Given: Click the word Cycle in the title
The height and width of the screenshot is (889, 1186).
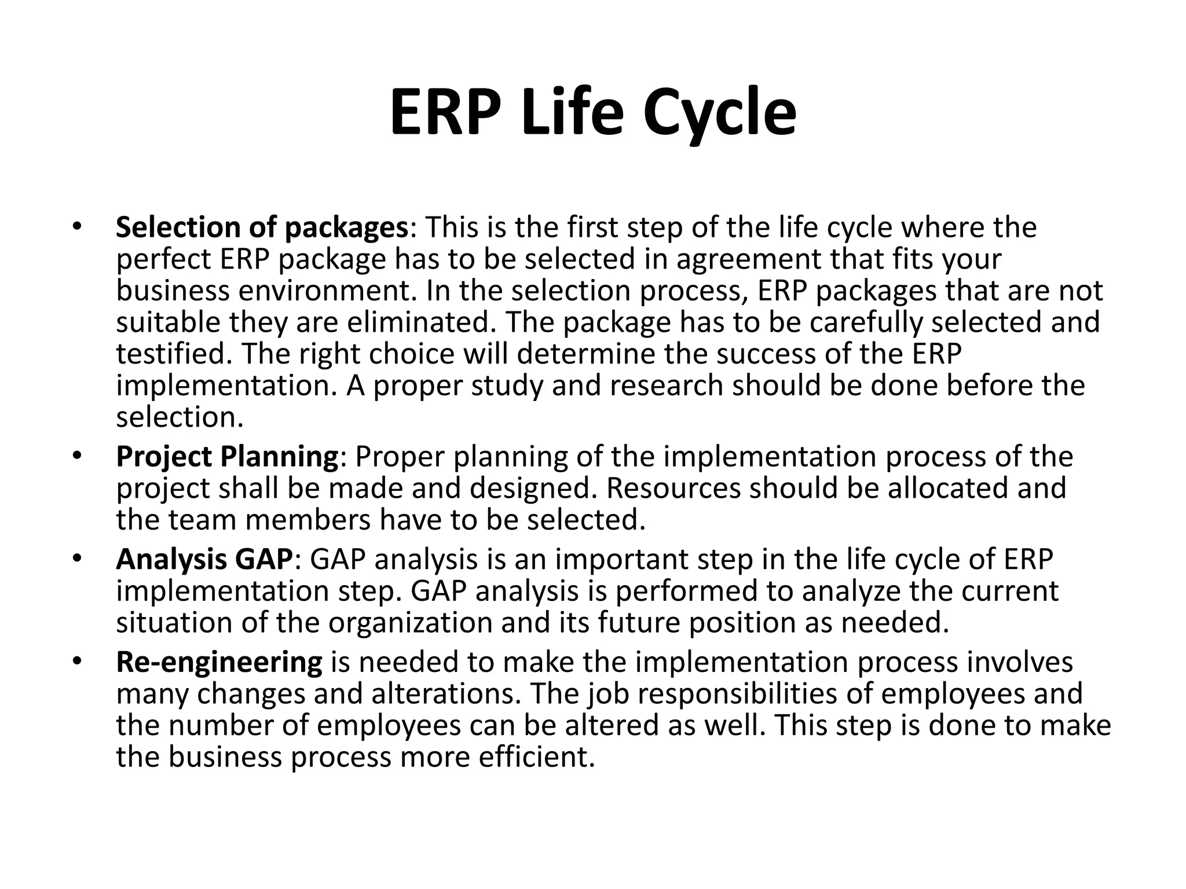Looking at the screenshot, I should [x=719, y=113].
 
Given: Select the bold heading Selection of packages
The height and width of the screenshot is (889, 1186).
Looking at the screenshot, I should [x=262, y=227].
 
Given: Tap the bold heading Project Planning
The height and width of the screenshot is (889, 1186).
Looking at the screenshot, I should [x=227, y=457].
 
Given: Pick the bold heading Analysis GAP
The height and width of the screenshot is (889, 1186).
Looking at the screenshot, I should [x=204, y=560].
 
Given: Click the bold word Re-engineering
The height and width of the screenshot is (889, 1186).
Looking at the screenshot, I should [x=219, y=662].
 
